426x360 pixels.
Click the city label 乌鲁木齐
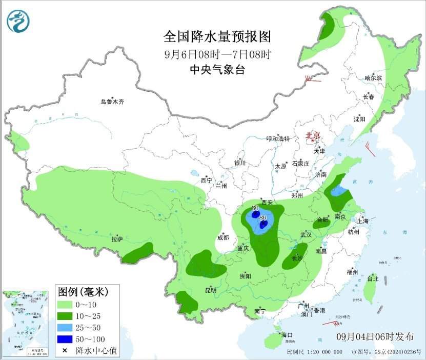pyautogui.click(x=112, y=102)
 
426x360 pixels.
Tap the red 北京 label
pyautogui.click(x=313, y=135)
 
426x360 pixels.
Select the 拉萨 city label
pyautogui.click(x=117, y=239)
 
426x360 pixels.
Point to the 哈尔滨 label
pyautogui.click(x=373, y=78)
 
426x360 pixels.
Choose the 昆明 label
pyautogui.click(x=211, y=290)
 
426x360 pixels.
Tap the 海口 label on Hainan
pyautogui.click(x=286, y=335)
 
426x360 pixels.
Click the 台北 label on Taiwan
pyautogui.click(x=373, y=279)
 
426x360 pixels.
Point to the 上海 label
pyautogui.click(x=363, y=221)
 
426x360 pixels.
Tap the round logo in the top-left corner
pyautogui.click(x=18, y=21)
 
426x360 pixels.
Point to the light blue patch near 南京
pyautogui.click(x=338, y=192)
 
